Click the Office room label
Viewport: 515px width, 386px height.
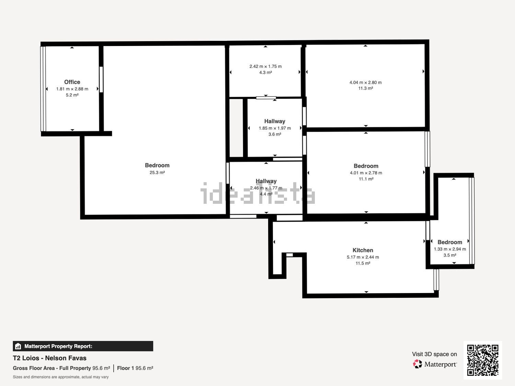72,82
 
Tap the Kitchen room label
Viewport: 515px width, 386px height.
363,250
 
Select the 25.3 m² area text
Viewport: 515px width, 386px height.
157,173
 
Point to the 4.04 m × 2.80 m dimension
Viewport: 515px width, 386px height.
366,82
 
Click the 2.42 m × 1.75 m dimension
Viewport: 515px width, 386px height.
266,66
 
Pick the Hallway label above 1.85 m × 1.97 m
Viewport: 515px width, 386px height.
275,121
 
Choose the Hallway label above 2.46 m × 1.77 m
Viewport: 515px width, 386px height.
266,181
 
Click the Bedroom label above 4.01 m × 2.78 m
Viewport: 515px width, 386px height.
366,166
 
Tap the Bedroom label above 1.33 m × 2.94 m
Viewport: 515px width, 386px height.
450,242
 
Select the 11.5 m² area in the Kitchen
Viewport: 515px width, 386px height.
363,263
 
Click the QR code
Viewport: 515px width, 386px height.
483,360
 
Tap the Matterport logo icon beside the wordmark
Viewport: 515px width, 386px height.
417,364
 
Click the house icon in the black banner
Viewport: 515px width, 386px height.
18,346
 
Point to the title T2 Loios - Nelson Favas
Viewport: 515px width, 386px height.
49,358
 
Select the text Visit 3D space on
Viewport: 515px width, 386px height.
435,354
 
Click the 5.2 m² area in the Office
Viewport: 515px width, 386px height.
72,95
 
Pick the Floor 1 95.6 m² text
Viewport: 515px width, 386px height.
135,368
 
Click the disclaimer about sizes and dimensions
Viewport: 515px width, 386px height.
61,377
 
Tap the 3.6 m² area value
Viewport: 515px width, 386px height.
275,134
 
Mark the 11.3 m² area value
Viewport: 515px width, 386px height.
366,89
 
